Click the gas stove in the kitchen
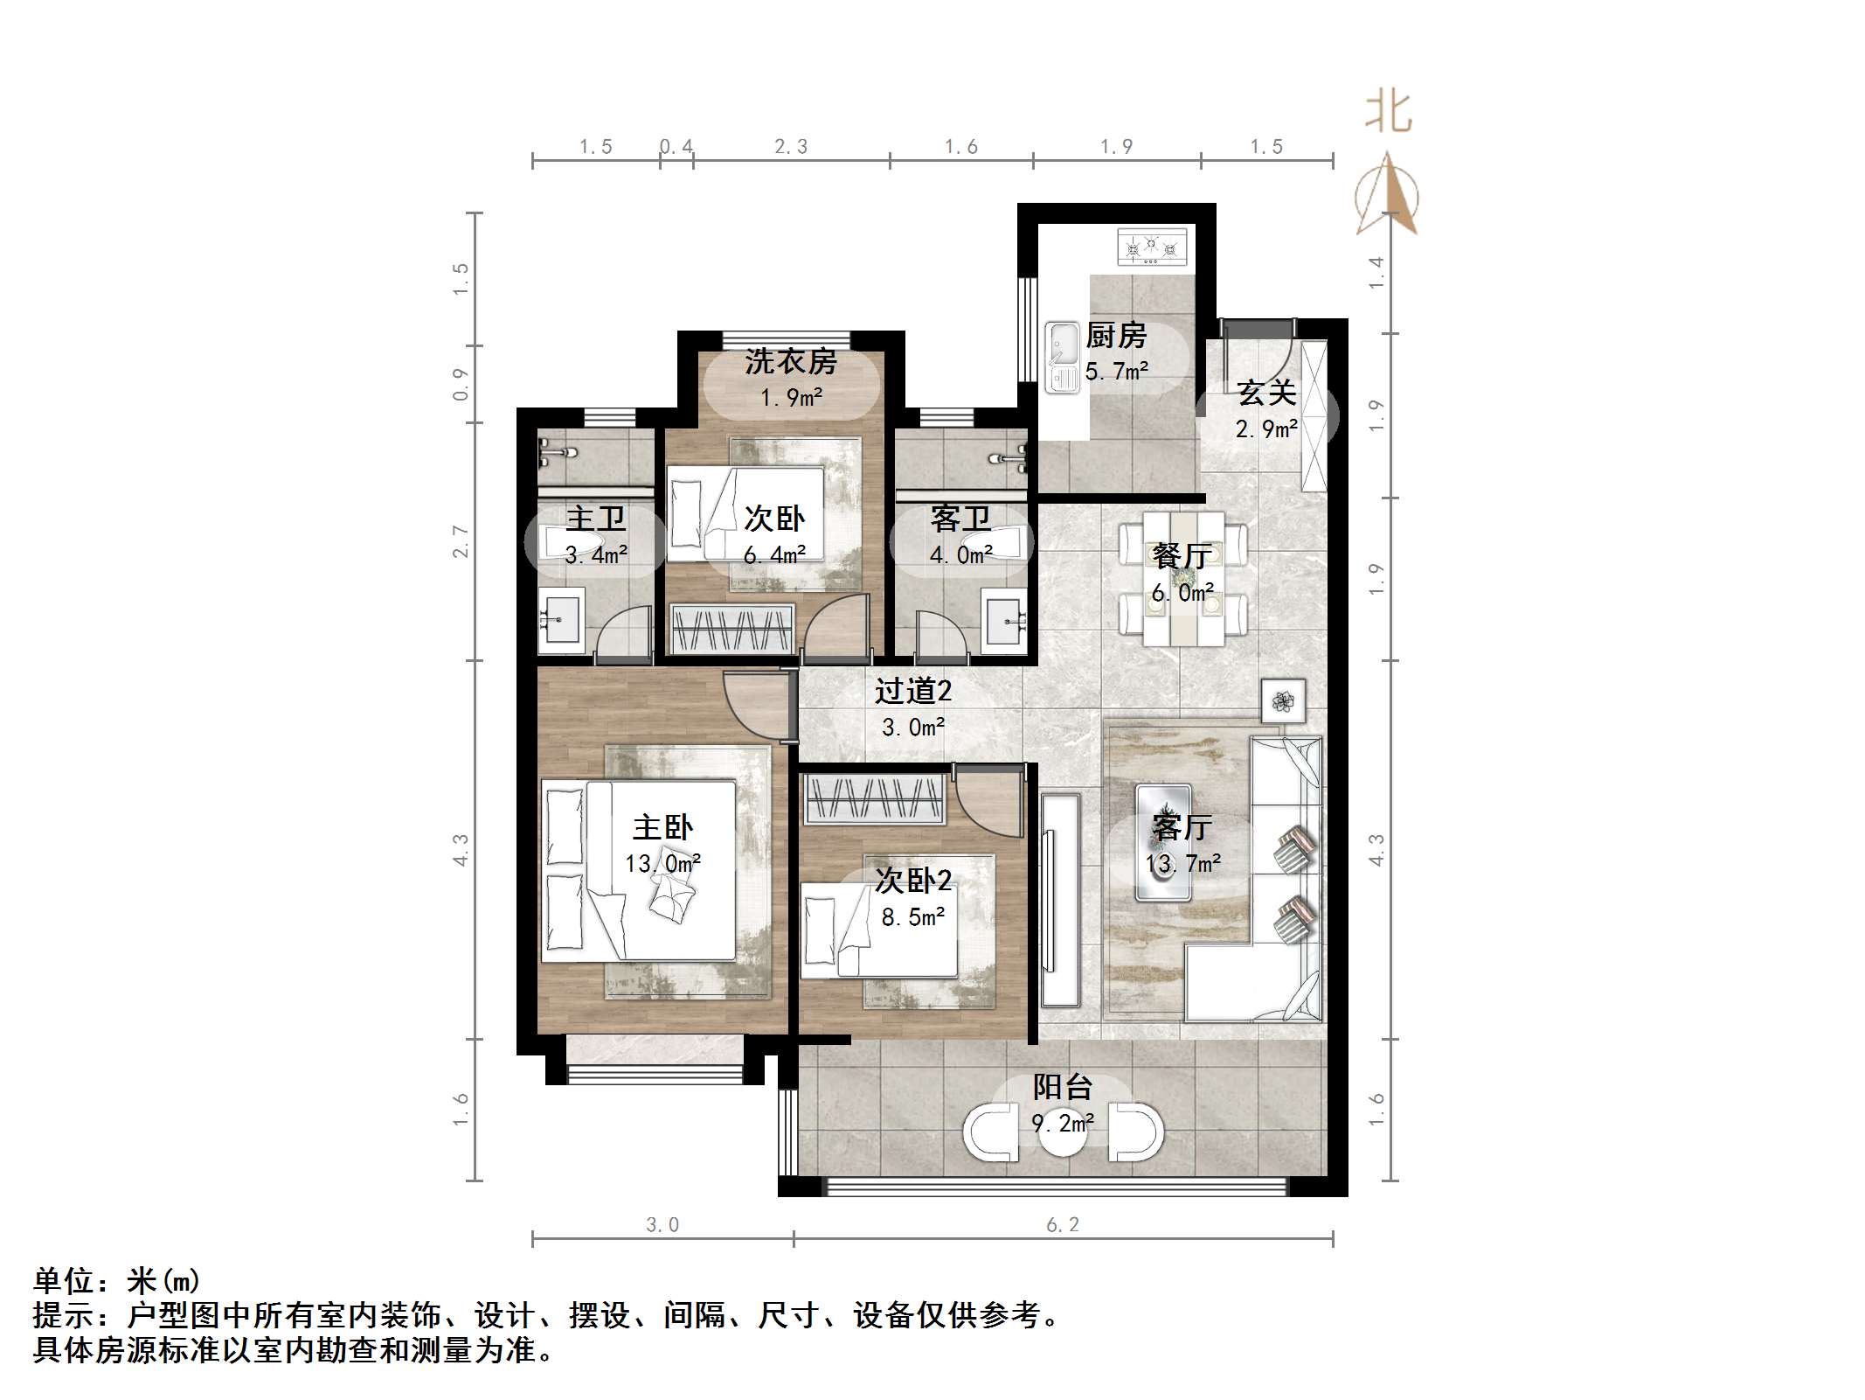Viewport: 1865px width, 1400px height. pyautogui.click(x=1152, y=247)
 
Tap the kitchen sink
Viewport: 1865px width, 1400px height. pyautogui.click(x=1063, y=357)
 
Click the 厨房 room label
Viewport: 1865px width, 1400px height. pyautogui.click(x=1115, y=336)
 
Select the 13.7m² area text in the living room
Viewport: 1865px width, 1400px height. pyautogui.click(x=1183, y=864)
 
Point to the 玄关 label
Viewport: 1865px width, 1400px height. pyautogui.click(x=1265, y=394)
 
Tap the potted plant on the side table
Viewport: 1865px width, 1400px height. pyautogui.click(x=1283, y=700)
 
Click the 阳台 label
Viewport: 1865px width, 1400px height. pyautogui.click(x=1062, y=1088)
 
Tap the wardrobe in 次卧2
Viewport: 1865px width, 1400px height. pyautogui.click(x=874, y=798)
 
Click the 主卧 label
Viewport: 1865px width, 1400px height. pyautogui.click(x=662, y=827)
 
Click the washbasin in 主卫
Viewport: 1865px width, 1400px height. pyautogui.click(x=560, y=619)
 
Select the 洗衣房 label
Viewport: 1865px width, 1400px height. pyautogui.click(x=791, y=362)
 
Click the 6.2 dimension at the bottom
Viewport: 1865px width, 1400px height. pyautogui.click(x=1063, y=1225)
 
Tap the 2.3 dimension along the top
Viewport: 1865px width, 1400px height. pyautogui.click(x=791, y=147)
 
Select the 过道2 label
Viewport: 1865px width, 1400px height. pyautogui.click(x=913, y=692)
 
